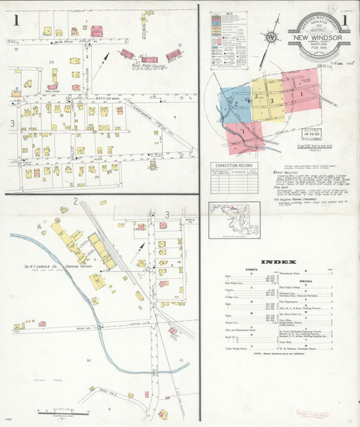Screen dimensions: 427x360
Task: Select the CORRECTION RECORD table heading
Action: click(x=234, y=165)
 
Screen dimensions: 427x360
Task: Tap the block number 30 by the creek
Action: click(x=88, y=360)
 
